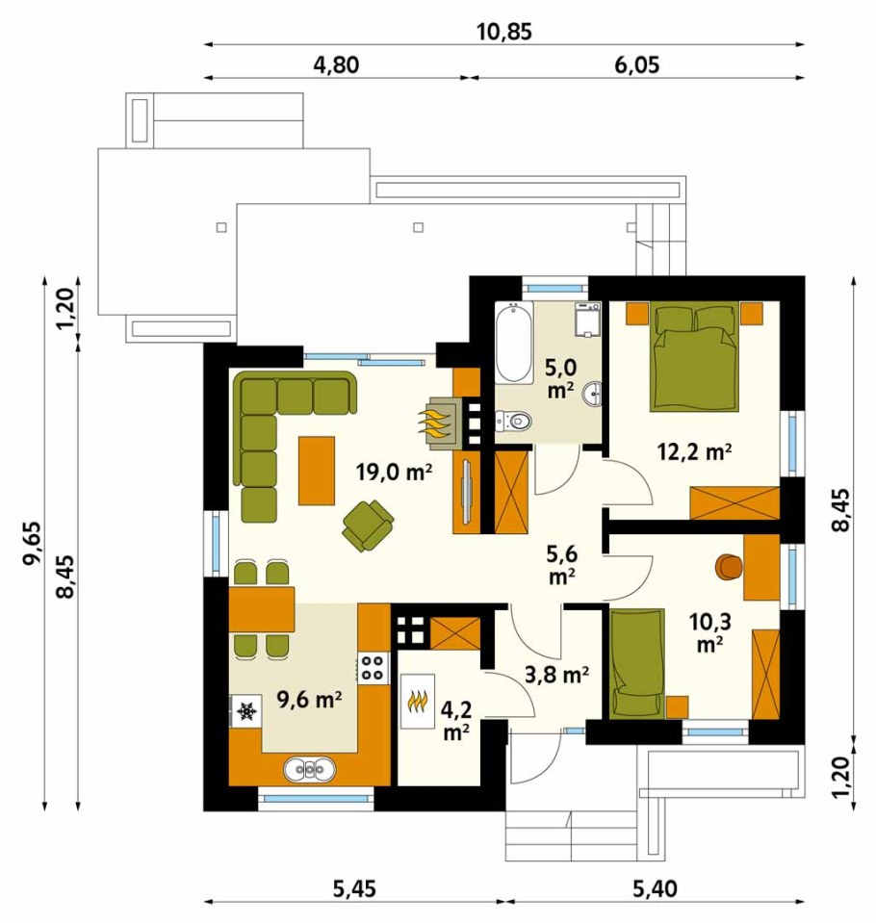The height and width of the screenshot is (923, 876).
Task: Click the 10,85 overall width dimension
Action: (503, 31)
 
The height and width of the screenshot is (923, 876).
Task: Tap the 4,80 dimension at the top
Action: (336, 64)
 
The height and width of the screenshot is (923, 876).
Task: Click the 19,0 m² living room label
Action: (395, 472)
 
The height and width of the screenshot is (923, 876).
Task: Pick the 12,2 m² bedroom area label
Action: (695, 452)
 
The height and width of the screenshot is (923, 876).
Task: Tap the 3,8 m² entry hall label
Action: (557, 675)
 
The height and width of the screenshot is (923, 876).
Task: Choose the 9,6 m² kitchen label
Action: (310, 700)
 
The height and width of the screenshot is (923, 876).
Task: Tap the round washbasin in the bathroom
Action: (592, 394)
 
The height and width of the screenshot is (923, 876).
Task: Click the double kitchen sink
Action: (310, 768)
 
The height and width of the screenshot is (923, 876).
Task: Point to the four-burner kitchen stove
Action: (374, 668)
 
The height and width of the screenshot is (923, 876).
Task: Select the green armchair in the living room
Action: (368, 526)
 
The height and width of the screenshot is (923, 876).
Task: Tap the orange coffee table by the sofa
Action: (317, 471)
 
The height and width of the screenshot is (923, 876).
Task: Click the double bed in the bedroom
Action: (695, 355)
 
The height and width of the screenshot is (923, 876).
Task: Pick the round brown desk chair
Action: (729, 566)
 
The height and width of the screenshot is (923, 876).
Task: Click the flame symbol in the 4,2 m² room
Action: (418, 701)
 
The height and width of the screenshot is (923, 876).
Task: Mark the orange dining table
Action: (262, 609)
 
